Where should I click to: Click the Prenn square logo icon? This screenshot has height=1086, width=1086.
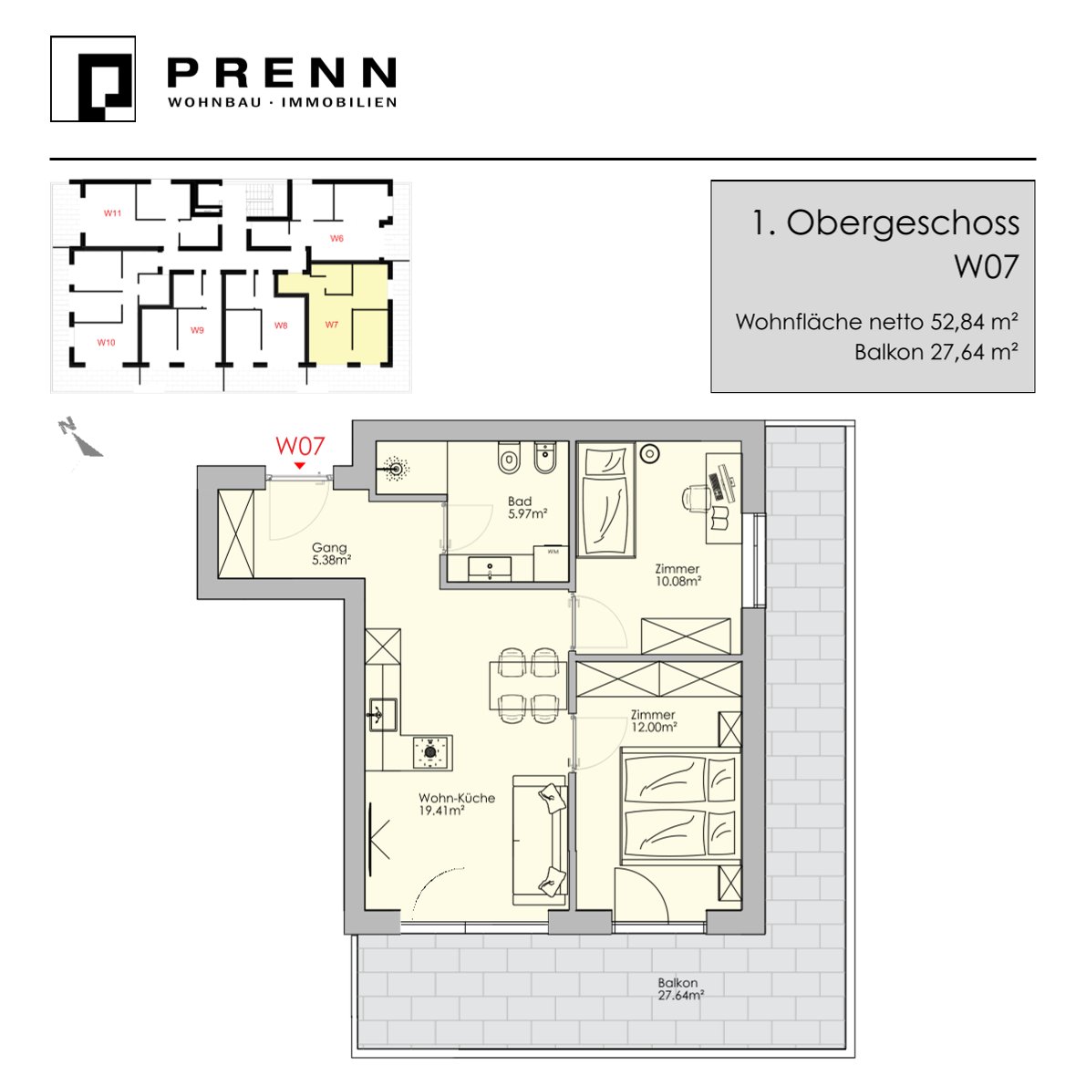tap(93, 79)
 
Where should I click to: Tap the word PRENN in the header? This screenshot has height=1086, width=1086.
tap(282, 73)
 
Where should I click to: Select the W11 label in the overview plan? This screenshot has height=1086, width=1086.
tap(112, 213)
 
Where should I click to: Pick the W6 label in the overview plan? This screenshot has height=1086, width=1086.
tap(336, 238)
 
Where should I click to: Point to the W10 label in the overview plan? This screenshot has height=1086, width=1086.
tap(106, 342)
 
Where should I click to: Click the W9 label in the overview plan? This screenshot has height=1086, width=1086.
tap(197, 330)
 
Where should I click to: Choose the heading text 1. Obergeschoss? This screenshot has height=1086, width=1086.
tap(885, 223)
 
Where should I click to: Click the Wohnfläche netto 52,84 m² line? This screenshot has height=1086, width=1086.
tap(876, 321)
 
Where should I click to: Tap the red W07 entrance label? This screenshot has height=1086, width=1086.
tap(300, 445)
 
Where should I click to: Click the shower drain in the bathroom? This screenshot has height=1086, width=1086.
tap(396, 469)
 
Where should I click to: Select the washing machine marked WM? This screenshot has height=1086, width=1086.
tap(552, 564)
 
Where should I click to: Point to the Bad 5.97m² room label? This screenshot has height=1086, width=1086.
tap(527, 507)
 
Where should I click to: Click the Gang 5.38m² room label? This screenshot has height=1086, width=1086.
tap(330, 553)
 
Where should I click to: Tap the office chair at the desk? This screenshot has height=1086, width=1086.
tap(695, 497)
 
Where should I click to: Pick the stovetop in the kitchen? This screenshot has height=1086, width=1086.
tap(432, 751)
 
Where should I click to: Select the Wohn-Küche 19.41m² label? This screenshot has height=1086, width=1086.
tap(457, 803)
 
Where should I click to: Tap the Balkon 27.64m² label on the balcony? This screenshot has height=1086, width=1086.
tap(680, 988)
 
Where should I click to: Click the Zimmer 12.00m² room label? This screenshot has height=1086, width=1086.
tap(653, 720)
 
